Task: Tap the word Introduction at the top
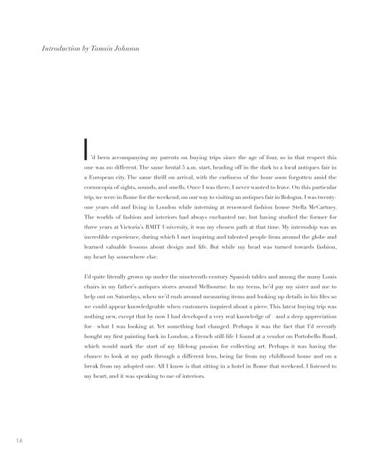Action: (x=56, y=49)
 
